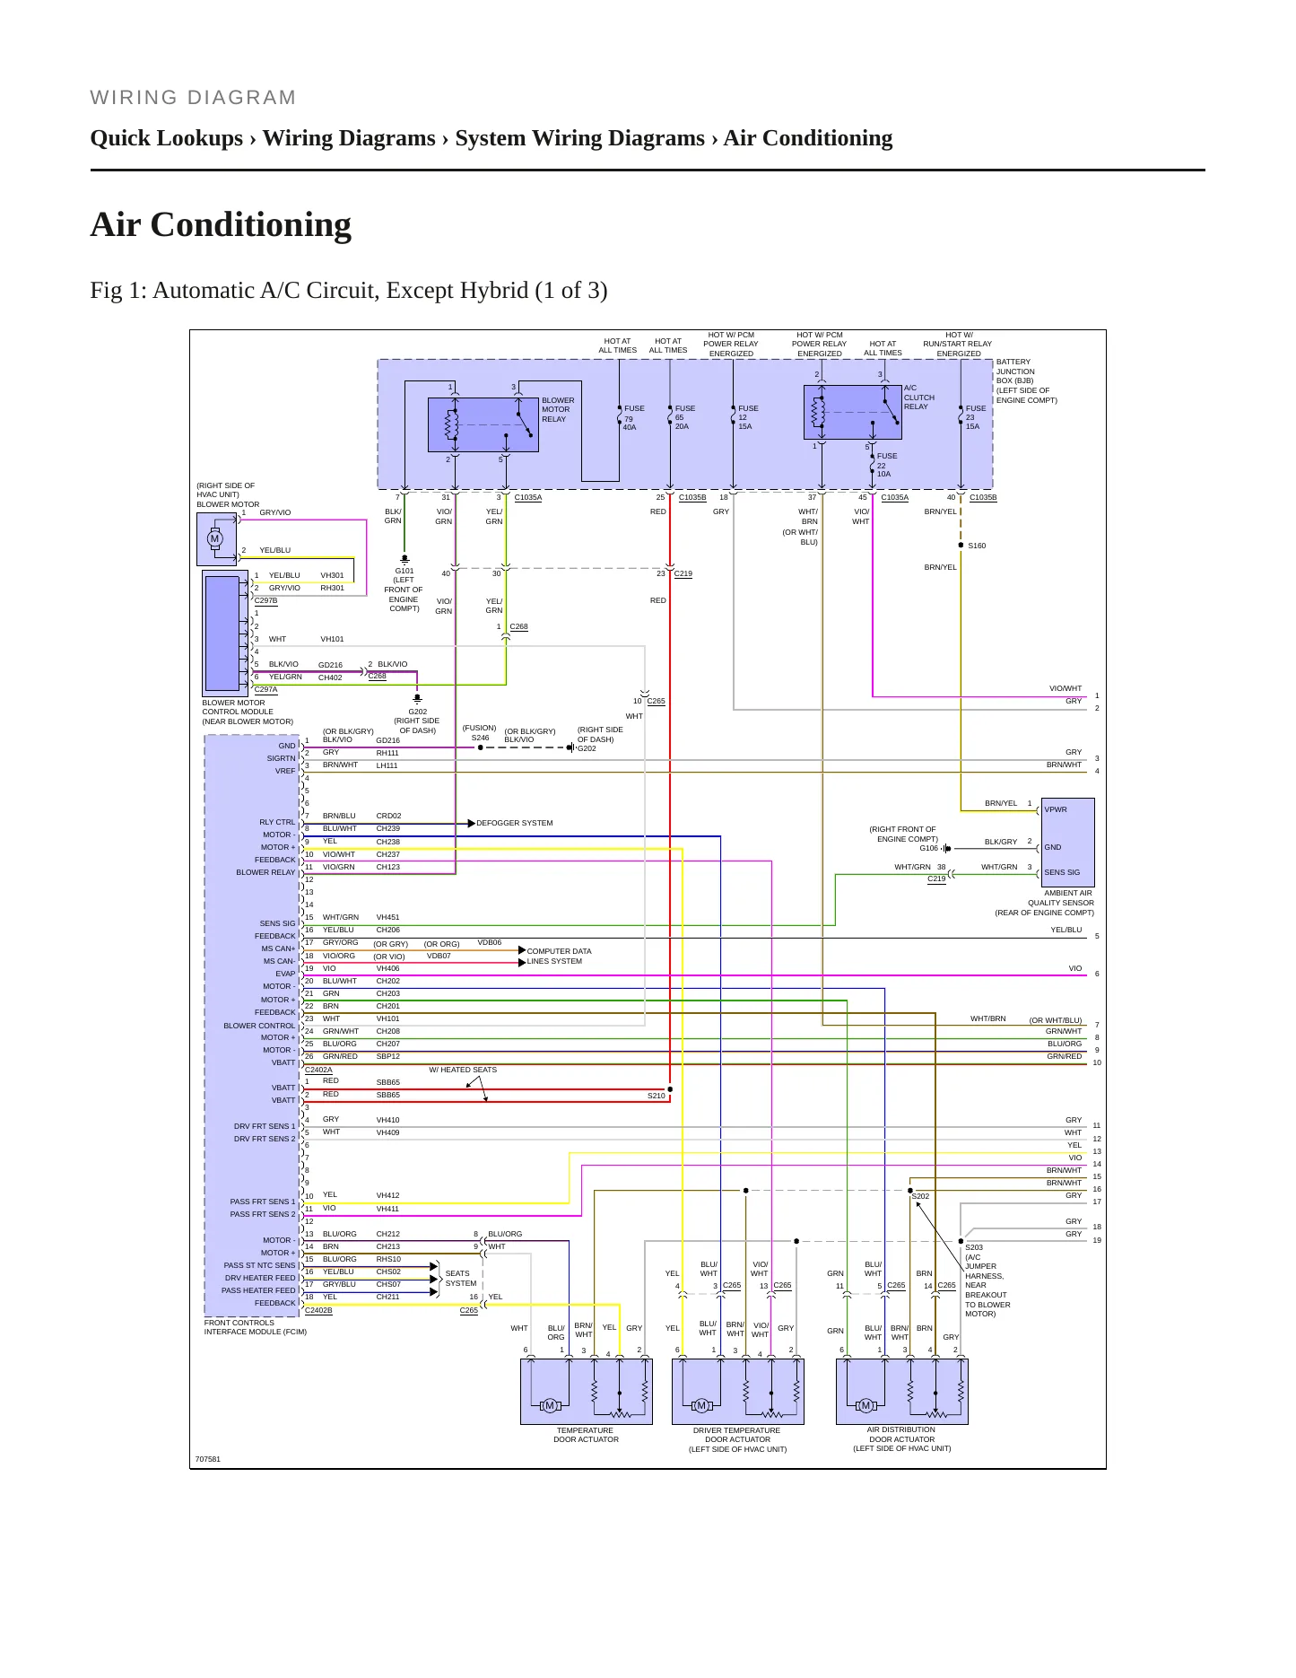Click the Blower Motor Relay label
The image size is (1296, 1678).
[x=558, y=409]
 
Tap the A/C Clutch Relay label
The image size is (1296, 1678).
[x=919, y=398]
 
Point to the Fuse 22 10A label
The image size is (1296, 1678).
[x=886, y=465]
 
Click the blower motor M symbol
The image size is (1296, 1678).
[x=214, y=538]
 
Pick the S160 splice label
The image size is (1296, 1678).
[x=977, y=546]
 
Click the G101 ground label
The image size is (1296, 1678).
[x=404, y=590]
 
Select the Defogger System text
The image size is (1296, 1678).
[x=514, y=823]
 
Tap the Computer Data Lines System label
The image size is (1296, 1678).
[x=559, y=956]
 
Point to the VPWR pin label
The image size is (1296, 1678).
[x=1056, y=809]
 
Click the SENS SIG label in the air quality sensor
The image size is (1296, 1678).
[x=1062, y=872]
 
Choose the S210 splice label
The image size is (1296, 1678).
[x=657, y=1096]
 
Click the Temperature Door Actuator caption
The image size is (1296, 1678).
[x=586, y=1435]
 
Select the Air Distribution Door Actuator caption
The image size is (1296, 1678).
[x=901, y=1438]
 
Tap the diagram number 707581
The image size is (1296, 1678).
[x=207, y=1459]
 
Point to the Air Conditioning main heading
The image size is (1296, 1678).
[x=221, y=224]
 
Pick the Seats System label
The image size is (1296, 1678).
[x=460, y=1278]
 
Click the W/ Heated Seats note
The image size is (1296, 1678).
[x=462, y=1070]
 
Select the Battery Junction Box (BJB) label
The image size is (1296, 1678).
[x=1027, y=380]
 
